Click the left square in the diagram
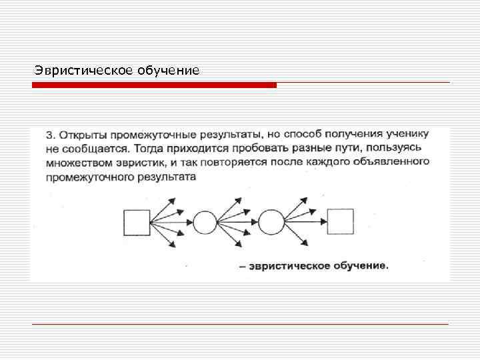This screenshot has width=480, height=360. pos(137,222)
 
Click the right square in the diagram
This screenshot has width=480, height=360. pos(340,222)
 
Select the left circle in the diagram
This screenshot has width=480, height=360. pos(205,222)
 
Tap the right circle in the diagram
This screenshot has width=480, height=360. pos(271,222)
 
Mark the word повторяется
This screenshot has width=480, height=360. pos(229,163)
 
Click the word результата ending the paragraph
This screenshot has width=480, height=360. pos(164,177)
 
